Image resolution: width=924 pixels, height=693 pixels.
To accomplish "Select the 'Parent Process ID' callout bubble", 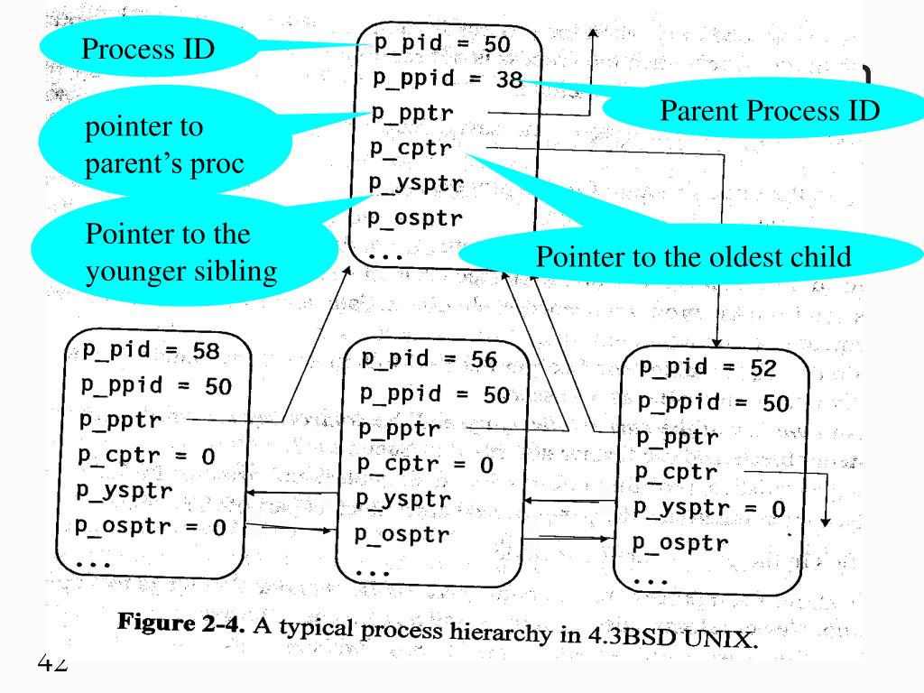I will [x=770, y=111].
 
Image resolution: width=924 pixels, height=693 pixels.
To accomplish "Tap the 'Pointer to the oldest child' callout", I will [x=693, y=257].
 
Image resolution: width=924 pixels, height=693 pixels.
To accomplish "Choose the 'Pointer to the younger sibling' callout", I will [x=168, y=254].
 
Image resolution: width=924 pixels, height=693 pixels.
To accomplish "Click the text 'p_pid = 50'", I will [x=441, y=43].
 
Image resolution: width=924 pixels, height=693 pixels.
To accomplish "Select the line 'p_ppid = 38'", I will [x=447, y=78].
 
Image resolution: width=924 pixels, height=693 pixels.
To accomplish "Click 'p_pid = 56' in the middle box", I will [x=429, y=359].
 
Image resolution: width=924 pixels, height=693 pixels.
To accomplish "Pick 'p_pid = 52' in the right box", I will [x=707, y=367].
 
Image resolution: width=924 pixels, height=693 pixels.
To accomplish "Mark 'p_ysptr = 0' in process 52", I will [x=708, y=508].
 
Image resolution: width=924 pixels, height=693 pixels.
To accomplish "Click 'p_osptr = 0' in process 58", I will [x=149, y=526].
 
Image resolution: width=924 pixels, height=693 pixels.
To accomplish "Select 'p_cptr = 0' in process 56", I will [x=425, y=465].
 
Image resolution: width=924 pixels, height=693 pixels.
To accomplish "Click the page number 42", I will [x=53, y=665].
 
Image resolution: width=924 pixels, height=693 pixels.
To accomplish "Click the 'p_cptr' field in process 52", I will [x=676, y=472].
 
